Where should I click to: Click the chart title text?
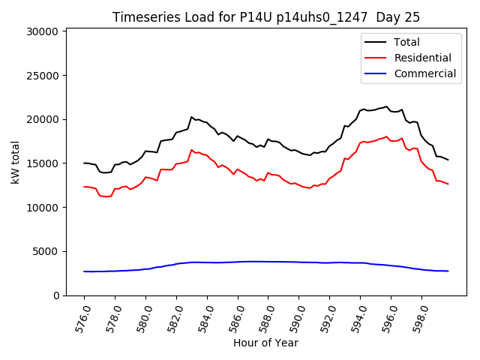coord(265,17)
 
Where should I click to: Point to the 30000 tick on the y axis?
coord(43,31)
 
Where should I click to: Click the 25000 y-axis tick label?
coord(43,76)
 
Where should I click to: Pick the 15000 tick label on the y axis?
coord(43,163)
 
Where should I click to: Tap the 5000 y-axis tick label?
coord(46,252)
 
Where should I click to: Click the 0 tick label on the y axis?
coord(55,295)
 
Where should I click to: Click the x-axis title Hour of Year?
coord(265,343)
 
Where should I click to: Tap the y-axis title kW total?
coord(15,162)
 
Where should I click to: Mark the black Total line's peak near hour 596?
coord(387,106)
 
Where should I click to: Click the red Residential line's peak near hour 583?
coord(191,150)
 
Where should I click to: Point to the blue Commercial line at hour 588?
coord(268,262)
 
